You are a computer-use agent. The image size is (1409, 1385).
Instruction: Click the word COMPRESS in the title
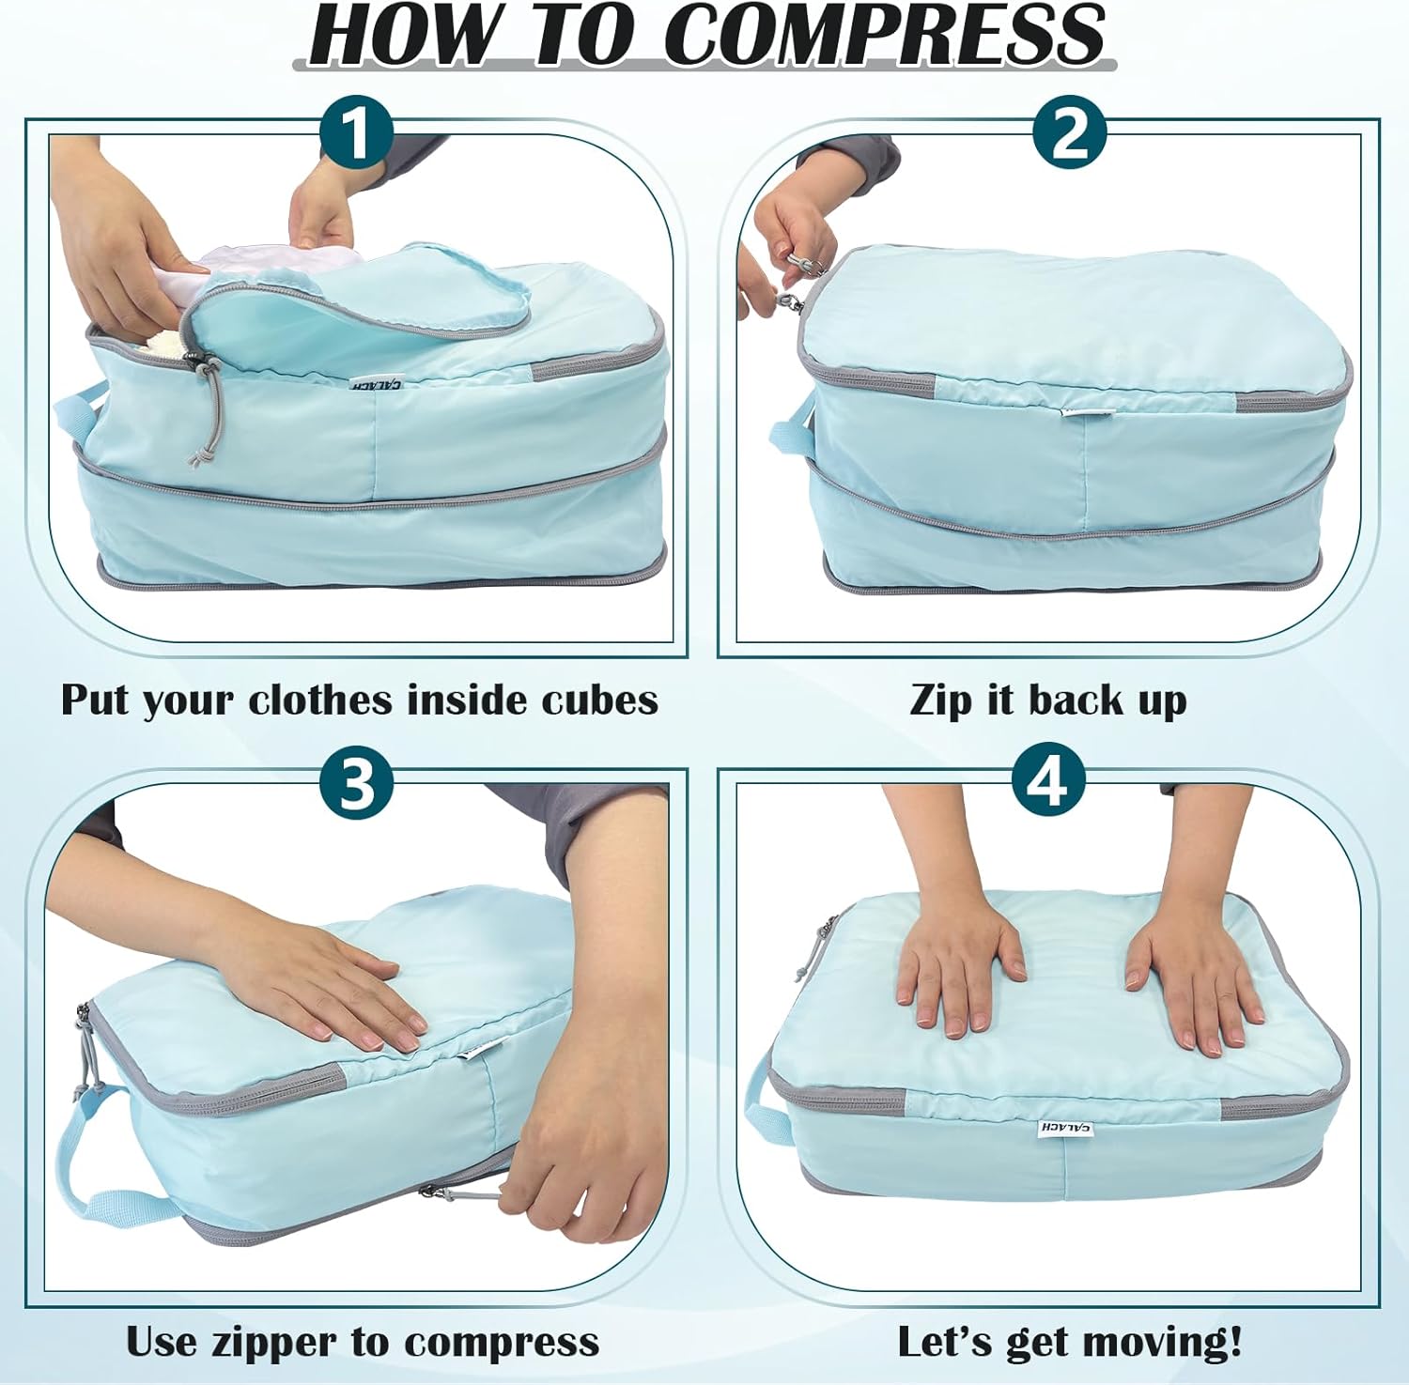[x=883, y=35]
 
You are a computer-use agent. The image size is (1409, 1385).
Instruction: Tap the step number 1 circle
[x=356, y=135]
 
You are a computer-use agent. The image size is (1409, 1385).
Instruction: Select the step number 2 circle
[x=1070, y=135]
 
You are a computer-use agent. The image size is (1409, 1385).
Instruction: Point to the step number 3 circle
[x=356, y=783]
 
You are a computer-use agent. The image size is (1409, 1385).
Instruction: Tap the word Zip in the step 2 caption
[x=941, y=700]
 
